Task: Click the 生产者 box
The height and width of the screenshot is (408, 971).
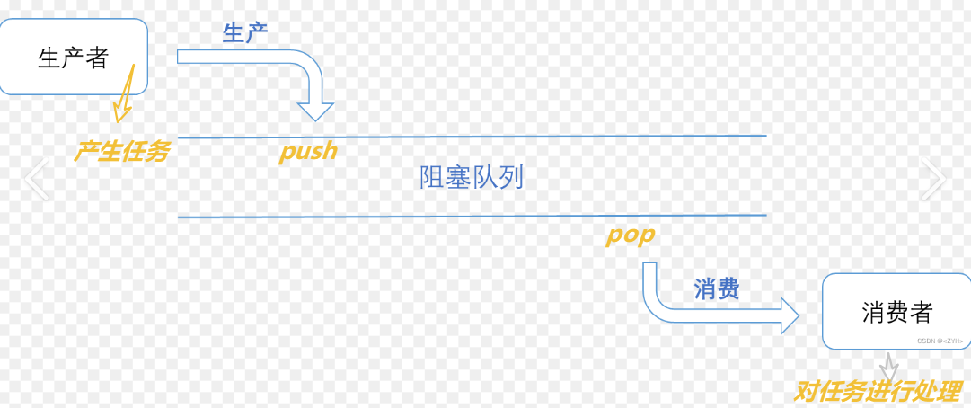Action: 74,56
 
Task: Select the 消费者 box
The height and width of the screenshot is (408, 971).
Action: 896,311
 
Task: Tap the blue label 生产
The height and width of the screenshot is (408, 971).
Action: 245,33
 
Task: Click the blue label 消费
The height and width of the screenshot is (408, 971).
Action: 716,288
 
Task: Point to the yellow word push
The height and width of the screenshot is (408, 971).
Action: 308,151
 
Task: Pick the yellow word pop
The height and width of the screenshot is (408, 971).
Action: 630,235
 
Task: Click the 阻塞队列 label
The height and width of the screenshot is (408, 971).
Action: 472,177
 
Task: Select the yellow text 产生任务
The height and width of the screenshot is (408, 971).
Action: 121,151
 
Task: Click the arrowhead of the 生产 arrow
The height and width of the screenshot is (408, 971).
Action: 315,111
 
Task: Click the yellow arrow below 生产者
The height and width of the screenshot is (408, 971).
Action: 124,97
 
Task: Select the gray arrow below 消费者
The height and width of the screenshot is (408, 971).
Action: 888,367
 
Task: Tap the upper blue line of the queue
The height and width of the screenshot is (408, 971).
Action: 472,137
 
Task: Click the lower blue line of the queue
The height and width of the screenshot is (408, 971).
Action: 472,217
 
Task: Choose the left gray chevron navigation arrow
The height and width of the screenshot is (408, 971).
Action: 37,179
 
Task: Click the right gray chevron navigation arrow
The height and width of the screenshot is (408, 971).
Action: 933,179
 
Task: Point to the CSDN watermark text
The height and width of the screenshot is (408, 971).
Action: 939,341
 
